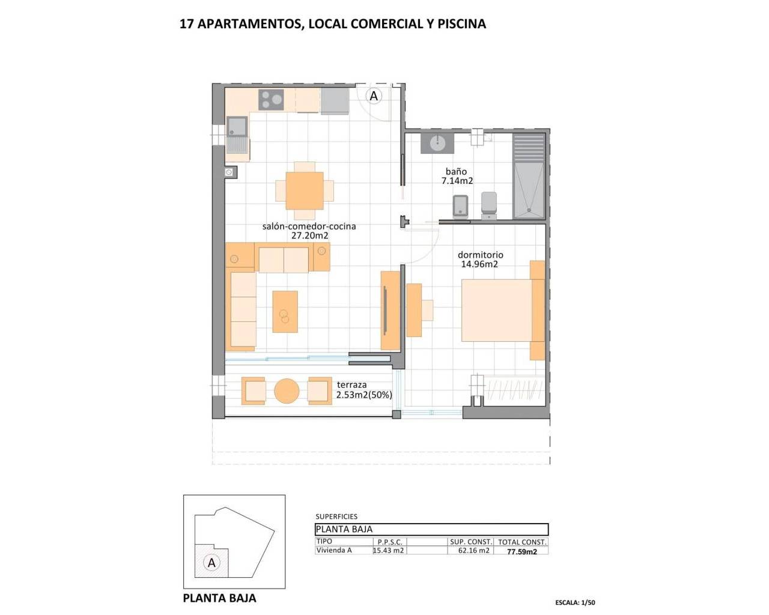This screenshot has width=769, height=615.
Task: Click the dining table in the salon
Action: pos(305,190)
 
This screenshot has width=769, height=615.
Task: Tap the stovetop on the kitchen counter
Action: pos(271,100)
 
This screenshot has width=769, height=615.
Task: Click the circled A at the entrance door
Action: pos(374,96)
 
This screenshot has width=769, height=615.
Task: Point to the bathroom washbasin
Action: pos(437,143)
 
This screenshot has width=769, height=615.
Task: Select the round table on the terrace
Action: pos(287,391)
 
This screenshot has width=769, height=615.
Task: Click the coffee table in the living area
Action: pos(285,312)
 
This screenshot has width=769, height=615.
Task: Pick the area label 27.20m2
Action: pos(309,236)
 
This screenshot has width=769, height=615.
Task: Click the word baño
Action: pos(456,172)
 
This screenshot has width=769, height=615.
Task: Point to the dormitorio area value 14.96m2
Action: pos(479,264)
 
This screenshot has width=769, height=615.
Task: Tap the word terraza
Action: pos(351,385)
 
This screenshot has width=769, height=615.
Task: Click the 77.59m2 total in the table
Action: pos(522,551)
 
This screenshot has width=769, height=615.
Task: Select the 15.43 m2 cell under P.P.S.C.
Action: pos(389,551)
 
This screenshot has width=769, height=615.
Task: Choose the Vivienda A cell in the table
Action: pos(334,550)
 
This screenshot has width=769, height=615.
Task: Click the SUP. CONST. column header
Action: pos(471,542)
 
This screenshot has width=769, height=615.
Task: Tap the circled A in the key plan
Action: pos(211,563)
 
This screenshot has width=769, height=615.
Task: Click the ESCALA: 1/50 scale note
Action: pos(575,602)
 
